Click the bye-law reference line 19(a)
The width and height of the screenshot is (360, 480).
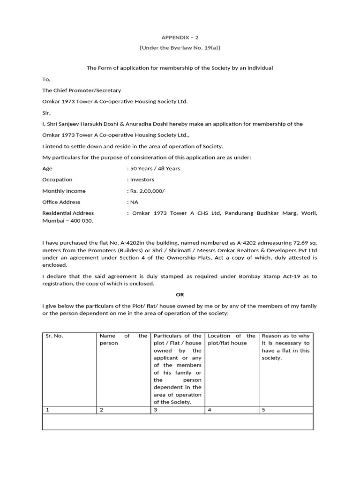tap(180, 48)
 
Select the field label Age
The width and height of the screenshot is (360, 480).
tap(47, 168)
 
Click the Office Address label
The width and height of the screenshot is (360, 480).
tap(61, 202)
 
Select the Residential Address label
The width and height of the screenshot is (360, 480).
tap(68, 213)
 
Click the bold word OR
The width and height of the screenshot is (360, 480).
tap(180, 294)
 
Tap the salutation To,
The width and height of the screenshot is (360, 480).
tap(46, 79)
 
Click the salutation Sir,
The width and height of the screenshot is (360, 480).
tap(46, 113)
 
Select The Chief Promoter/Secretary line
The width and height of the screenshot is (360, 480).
tap(82, 90)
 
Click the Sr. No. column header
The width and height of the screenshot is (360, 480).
tap(54, 336)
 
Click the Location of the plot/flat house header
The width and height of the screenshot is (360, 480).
tap(232, 339)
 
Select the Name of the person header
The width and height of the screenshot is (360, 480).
tap(123, 339)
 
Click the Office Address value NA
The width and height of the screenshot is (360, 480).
tap(134, 202)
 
